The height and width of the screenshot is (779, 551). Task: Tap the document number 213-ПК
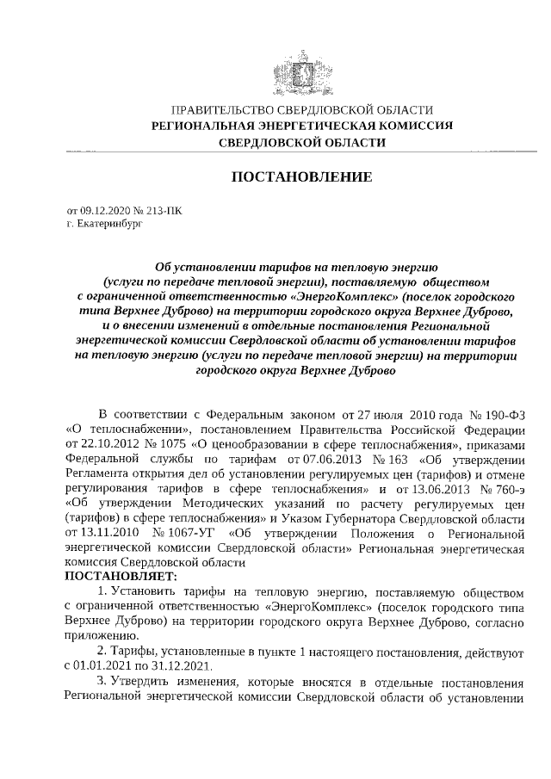(x=162, y=210)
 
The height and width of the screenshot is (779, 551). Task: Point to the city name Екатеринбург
(x=103, y=223)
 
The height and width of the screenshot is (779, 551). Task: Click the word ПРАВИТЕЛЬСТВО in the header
(x=220, y=110)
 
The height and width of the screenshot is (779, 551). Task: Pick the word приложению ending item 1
(x=101, y=636)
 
